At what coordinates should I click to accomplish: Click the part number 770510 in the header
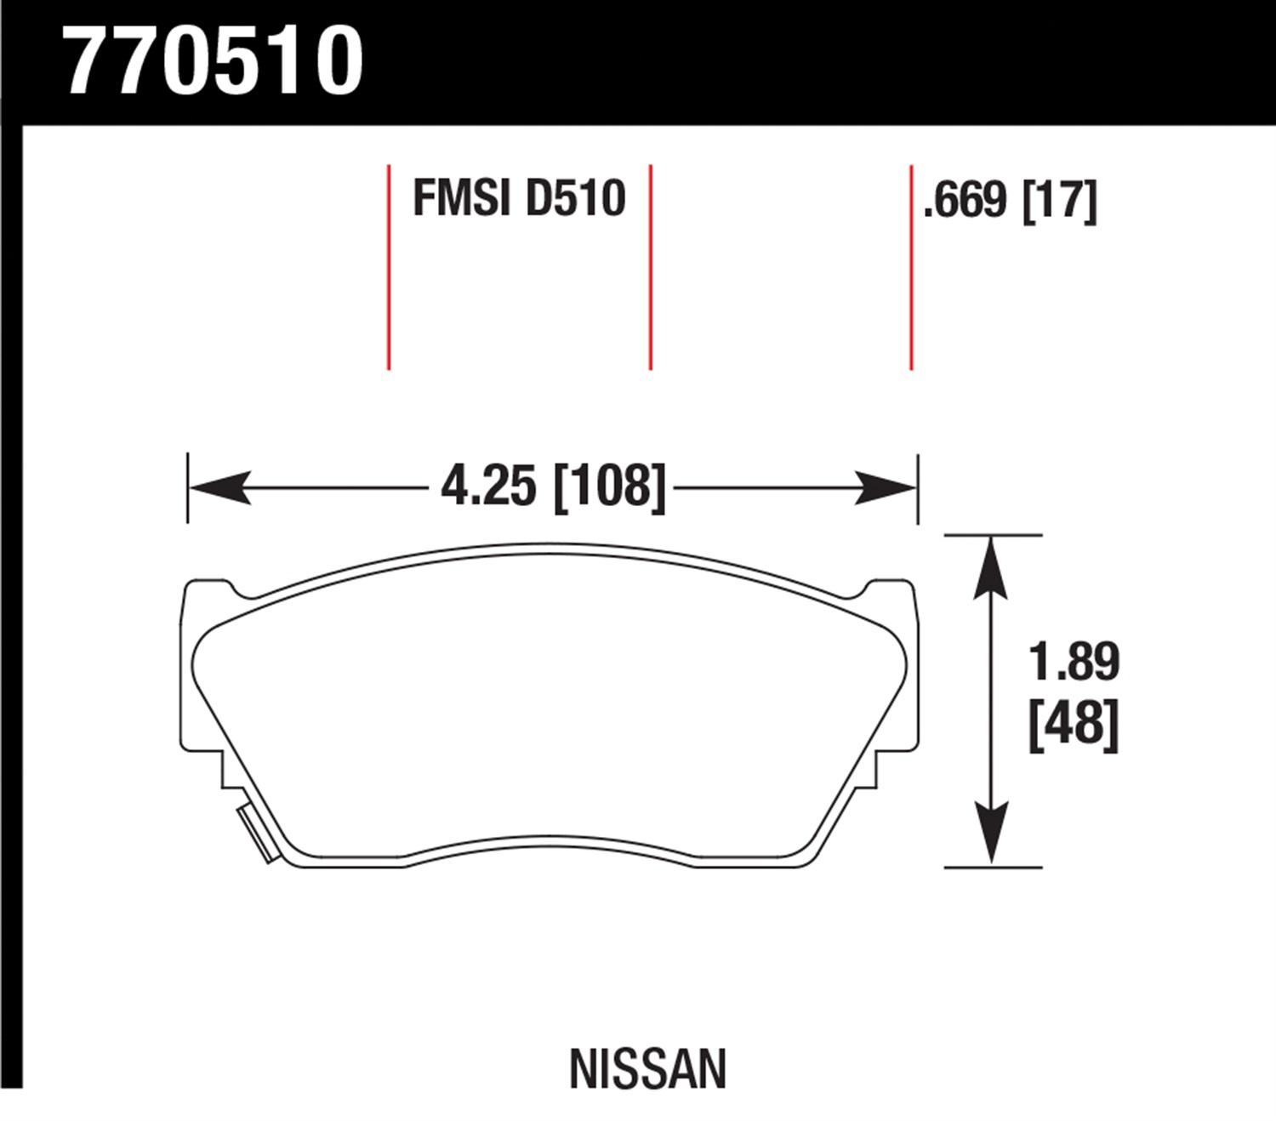(x=214, y=61)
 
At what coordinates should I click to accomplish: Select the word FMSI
(x=462, y=198)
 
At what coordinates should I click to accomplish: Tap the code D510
(x=576, y=198)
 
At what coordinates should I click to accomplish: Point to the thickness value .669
(x=965, y=200)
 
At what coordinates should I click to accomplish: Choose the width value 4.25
(x=489, y=487)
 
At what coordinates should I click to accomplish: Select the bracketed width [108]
(x=609, y=487)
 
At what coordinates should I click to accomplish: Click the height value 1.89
(x=1074, y=661)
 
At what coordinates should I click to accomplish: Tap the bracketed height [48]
(x=1074, y=724)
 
